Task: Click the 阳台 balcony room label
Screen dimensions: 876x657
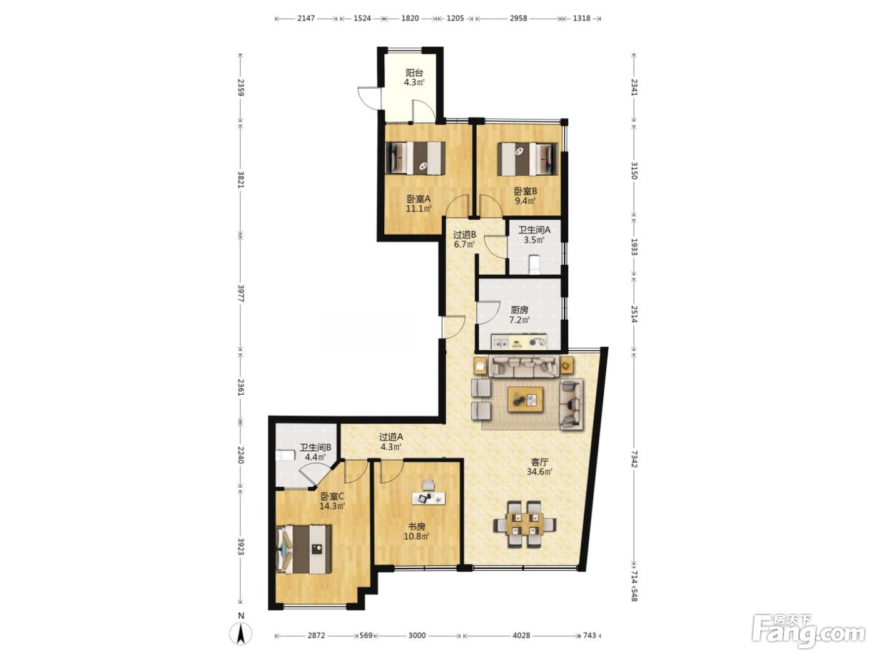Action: pos(414,73)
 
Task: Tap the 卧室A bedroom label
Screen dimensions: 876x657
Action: pos(419,198)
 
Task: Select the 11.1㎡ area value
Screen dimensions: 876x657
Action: pos(419,208)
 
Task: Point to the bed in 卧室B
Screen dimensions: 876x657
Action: pos(527,159)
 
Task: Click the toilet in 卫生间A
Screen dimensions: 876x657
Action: pos(534,265)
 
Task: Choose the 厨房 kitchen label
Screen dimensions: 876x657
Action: pos(519,310)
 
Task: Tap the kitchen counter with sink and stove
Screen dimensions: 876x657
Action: pos(519,342)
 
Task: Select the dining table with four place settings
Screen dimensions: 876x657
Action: pos(525,524)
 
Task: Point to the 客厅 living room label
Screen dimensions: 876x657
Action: pos(539,462)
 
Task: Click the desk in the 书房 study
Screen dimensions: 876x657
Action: pos(429,498)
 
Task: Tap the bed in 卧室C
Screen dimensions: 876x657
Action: pos(304,549)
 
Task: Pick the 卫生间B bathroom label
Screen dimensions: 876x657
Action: pos(315,447)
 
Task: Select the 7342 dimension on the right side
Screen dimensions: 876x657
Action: pos(634,459)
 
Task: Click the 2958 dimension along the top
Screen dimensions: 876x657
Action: pos(519,18)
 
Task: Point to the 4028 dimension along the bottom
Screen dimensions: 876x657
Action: pos(522,635)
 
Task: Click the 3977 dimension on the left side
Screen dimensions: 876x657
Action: pos(241,293)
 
